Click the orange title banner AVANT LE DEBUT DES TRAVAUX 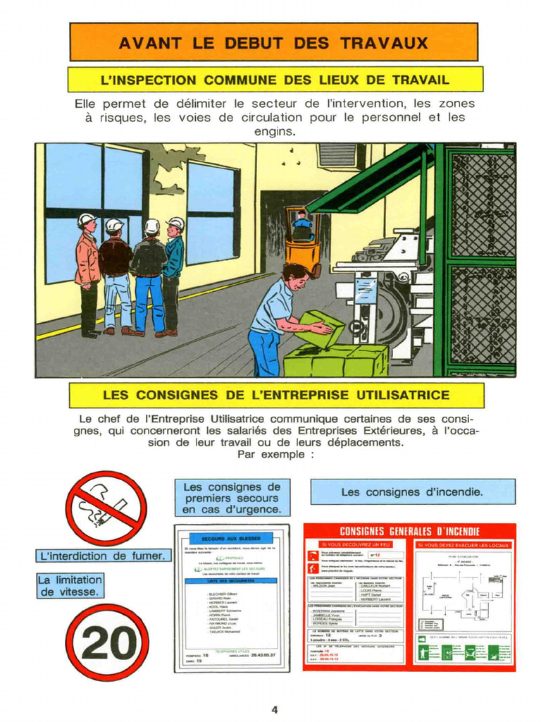273,42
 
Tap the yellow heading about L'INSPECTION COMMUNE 275,80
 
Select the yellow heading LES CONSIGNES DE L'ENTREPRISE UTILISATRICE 275,395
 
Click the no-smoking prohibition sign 106,508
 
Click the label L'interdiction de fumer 103,556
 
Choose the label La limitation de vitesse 70,586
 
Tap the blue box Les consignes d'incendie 412,491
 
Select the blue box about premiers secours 232,498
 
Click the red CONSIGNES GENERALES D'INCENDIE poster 409,596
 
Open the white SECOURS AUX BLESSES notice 232,599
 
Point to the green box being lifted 321,328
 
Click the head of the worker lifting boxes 295,276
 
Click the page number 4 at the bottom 275,709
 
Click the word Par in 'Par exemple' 247,455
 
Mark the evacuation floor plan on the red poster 463,592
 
